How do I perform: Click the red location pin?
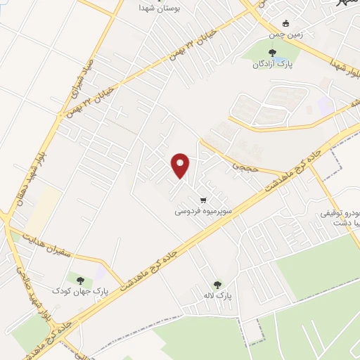click(x=181, y=166)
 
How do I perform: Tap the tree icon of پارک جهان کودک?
click(x=79, y=280)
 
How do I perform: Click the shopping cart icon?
click(x=203, y=199)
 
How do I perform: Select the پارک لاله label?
click(x=218, y=296)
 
